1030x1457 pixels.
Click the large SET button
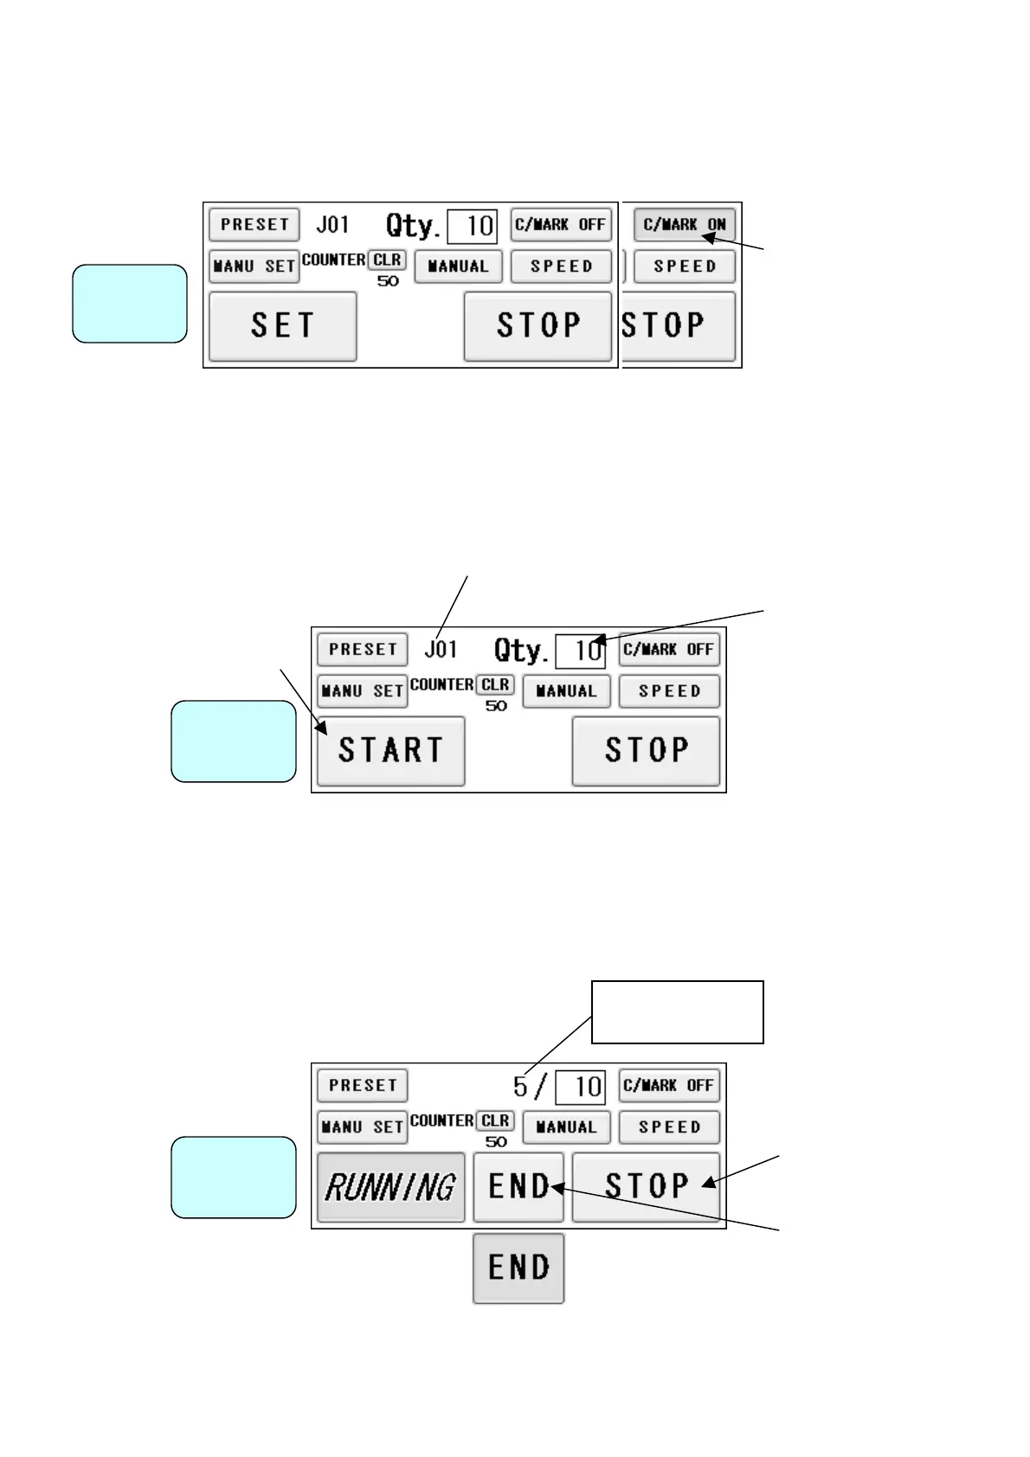[x=282, y=326]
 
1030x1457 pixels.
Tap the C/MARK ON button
[x=684, y=225]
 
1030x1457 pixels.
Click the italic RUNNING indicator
[x=390, y=1187]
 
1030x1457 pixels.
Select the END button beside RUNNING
[x=518, y=1187]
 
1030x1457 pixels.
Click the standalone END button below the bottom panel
[x=518, y=1268]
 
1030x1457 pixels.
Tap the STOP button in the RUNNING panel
[x=646, y=1187]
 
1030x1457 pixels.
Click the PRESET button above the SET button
[x=254, y=225]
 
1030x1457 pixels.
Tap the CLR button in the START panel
[x=495, y=685]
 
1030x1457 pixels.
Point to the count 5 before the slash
[x=520, y=1086]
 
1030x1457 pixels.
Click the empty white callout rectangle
[x=677, y=1011]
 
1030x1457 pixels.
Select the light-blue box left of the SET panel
[x=129, y=304]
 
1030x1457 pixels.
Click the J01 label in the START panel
[x=441, y=649]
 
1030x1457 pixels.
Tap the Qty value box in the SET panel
[x=472, y=227]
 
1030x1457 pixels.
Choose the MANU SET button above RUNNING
[x=362, y=1127]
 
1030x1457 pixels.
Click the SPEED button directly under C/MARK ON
[x=684, y=266]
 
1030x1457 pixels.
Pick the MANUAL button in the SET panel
[x=457, y=266]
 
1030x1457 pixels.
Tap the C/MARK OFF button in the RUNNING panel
[x=668, y=1086]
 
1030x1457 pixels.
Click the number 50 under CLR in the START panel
[x=496, y=706]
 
